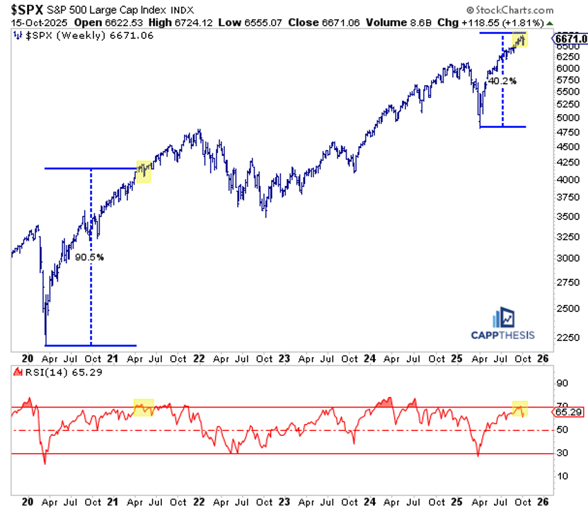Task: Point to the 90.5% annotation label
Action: point(89,257)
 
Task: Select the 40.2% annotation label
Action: point(502,80)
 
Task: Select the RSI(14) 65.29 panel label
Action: point(46,373)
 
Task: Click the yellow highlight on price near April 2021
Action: point(144,171)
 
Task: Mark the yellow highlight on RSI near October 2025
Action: point(520,408)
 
